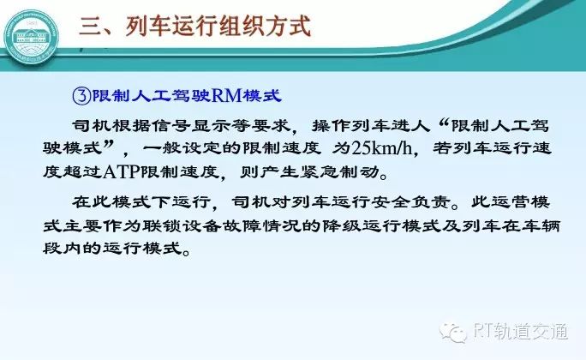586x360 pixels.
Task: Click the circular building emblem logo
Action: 32,39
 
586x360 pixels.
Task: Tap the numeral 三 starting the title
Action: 90,27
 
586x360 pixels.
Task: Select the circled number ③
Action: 81,96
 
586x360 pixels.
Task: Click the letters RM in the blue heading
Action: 226,96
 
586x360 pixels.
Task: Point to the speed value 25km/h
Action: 382,148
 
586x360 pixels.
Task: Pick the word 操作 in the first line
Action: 332,126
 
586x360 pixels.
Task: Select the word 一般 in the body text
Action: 162,148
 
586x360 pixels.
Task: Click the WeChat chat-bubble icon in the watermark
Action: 452,331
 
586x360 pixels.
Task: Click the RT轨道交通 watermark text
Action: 519,331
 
